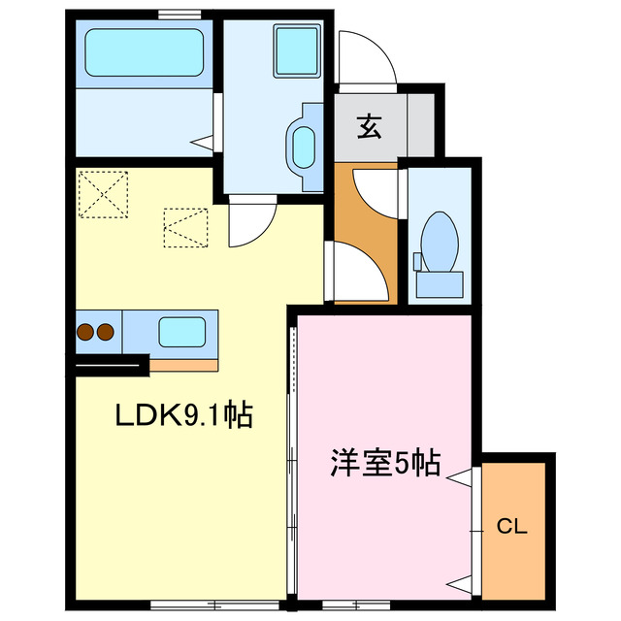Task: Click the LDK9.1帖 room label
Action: pyautogui.click(x=183, y=417)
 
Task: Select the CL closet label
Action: pyautogui.click(x=511, y=527)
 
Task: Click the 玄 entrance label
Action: pyautogui.click(x=369, y=126)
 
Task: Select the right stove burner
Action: pyautogui.click(x=105, y=332)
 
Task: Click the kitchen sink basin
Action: pyautogui.click(x=181, y=332)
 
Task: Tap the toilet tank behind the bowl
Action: pyautogui.click(x=441, y=283)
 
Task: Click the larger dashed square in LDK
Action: pyautogui.click(x=103, y=194)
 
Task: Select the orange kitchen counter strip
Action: pyautogui.click(x=184, y=366)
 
